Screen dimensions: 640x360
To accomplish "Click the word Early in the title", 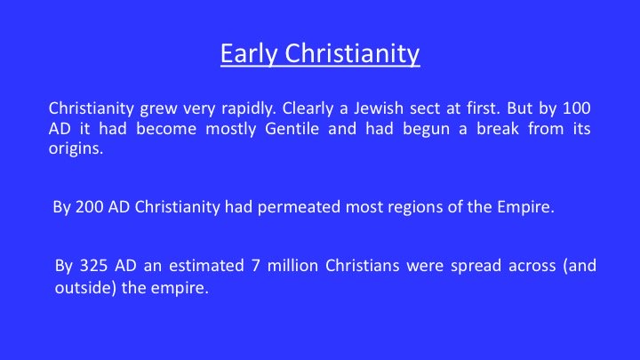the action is coord(249,54).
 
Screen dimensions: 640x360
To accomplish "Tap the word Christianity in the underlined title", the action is coord(352,54).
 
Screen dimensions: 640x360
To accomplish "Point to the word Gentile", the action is coord(292,129).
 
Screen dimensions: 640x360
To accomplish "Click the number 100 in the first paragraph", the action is coord(577,108).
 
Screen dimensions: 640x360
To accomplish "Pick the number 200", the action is coord(89,207).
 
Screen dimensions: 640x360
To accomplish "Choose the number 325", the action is coord(93,266).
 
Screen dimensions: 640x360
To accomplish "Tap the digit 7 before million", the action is coord(255,266).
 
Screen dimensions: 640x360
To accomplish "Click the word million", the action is coord(292,266).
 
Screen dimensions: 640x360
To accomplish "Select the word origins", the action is coord(76,149).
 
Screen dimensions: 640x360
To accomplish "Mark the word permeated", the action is coord(299,207).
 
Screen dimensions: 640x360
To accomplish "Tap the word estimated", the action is coord(206,266).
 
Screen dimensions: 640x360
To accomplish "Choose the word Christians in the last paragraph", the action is coord(362,266).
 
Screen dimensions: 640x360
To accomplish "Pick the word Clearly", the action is coord(308,109).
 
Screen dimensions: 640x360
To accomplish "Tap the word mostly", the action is coord(231,130).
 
